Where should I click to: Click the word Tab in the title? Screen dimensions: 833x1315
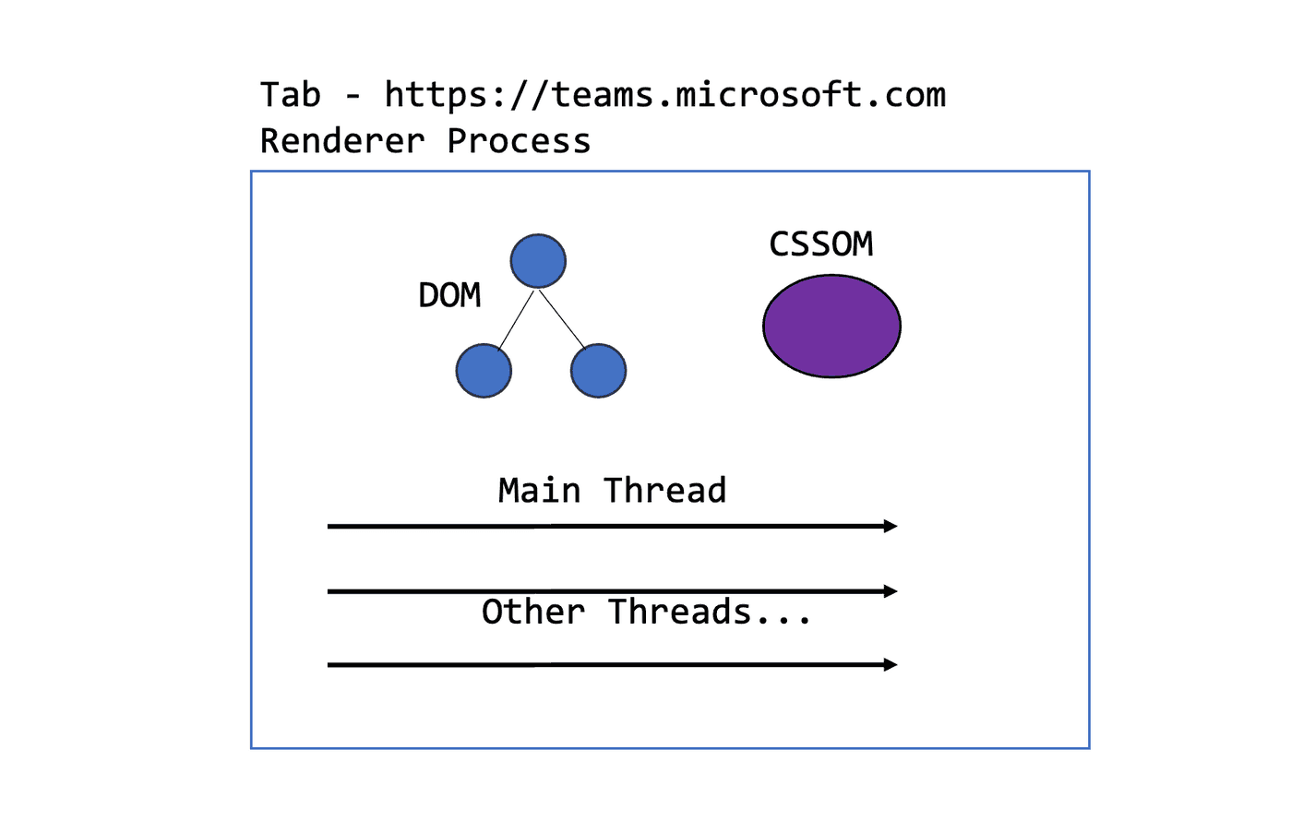pyautogui.click(x=290, y=95)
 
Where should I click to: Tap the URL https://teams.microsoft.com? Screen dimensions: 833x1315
pyautogui.click(x=664, y=95)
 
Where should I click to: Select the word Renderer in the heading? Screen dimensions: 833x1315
pyautogui.click(x=341, y=141)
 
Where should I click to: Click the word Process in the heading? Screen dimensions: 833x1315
pyautogui.click(x=519, y=141)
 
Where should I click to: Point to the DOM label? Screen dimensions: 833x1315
pyautogui.click(x=449, y=295)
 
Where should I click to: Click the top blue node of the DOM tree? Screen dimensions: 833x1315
pyautogui.click(x=538, y=261)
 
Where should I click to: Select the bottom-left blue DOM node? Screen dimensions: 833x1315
pyautogui.click(x=484, y=371)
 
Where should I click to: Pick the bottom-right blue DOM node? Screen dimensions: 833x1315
pyautogui.click(x=598, y=371)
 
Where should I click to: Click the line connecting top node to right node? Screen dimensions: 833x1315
pyautogui.click(x=562, y=319)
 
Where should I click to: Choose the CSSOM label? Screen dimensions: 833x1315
pyautogui.click(x=820, y=244)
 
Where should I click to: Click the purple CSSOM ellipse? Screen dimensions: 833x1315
pyautogui.click(x=831, y=326)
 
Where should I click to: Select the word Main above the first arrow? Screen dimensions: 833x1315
pyautogui.click(x=539, y=491)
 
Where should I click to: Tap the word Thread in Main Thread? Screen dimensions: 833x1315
pyautogui.click(x=664, y=491)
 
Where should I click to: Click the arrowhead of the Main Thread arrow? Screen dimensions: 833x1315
pyautogui.click(x=891, y=526)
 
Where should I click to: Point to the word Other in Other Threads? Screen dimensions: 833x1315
pyautogui.click(x=532, y=612)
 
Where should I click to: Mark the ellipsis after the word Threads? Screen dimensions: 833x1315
pyautogui.click(x=783, y=620)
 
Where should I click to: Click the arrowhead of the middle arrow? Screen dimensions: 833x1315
pyautogui.click(x=891, y=590)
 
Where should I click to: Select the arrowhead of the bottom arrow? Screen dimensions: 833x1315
pyautogui.click(x=891, y=664)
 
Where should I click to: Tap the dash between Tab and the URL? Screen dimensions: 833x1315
pyautogui.click(x=353, y=96)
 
